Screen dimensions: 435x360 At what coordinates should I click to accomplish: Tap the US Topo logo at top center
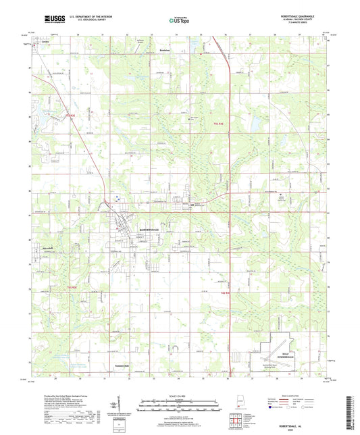coord(178,21)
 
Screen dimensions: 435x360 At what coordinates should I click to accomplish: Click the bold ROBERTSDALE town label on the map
coord(152,230)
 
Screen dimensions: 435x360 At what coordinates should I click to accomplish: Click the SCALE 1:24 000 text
coord(180,396)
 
